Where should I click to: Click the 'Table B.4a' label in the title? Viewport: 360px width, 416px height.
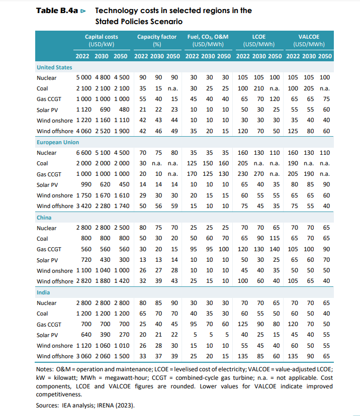click(57, 11)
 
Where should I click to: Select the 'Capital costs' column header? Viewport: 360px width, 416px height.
click(102, 37)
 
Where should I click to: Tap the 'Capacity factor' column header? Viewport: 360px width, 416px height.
click(157, 37)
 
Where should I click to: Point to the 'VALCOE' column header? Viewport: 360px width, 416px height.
click(309, 37)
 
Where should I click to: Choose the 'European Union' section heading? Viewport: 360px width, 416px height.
click(58, 142)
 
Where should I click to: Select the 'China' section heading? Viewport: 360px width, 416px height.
click(45, 218)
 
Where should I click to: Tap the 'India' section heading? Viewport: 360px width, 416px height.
click(44, 292)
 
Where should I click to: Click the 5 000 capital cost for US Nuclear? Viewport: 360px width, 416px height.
click(84, 78)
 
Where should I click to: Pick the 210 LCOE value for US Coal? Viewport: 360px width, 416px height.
click(259, 88)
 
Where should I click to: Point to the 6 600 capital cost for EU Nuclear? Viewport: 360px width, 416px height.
click(84, 153)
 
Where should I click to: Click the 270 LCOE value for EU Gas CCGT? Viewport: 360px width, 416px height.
click(259, 174)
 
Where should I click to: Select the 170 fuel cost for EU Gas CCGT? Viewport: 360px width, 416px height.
click(193, 174)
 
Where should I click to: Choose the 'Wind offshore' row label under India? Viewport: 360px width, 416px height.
click(55, 356)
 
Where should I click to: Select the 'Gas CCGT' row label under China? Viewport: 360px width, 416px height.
click(49, 249)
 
